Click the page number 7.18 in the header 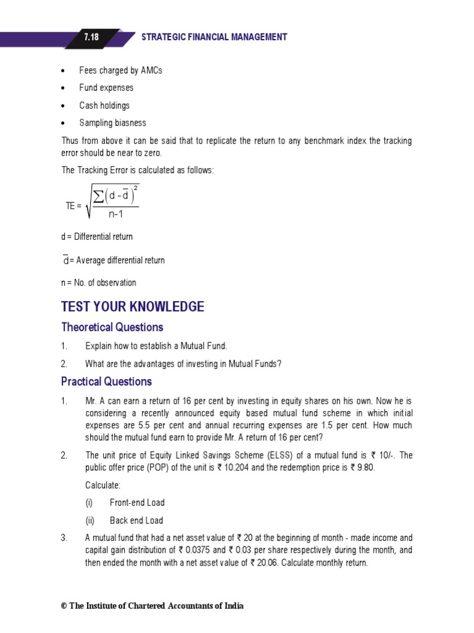(x=91, y=37)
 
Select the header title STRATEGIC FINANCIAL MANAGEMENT (x=214, y=37)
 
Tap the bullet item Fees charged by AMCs (x=120, y=70)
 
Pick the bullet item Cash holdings (x=104, y=106)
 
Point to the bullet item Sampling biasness (x=112, y=123)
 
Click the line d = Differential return (x=97, y=237)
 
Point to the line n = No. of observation (x=99, y=283)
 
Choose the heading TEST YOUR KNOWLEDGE (x=132, y=307)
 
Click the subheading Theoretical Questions (x=112, y=327)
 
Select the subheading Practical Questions (x=106, y=381)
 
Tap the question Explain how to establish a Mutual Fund (x=160, y=346)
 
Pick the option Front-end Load (x=137, y=503)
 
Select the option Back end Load (x=136, y=520)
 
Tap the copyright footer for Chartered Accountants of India (x=152, y=606)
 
